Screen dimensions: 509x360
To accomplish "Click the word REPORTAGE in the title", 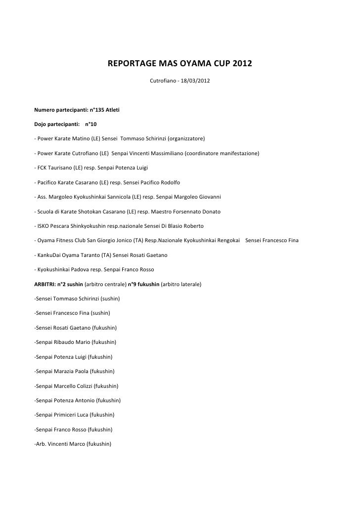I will [130, 65].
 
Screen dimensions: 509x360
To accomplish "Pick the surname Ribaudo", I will [66, 342].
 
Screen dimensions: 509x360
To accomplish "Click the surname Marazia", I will [66, 371].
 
